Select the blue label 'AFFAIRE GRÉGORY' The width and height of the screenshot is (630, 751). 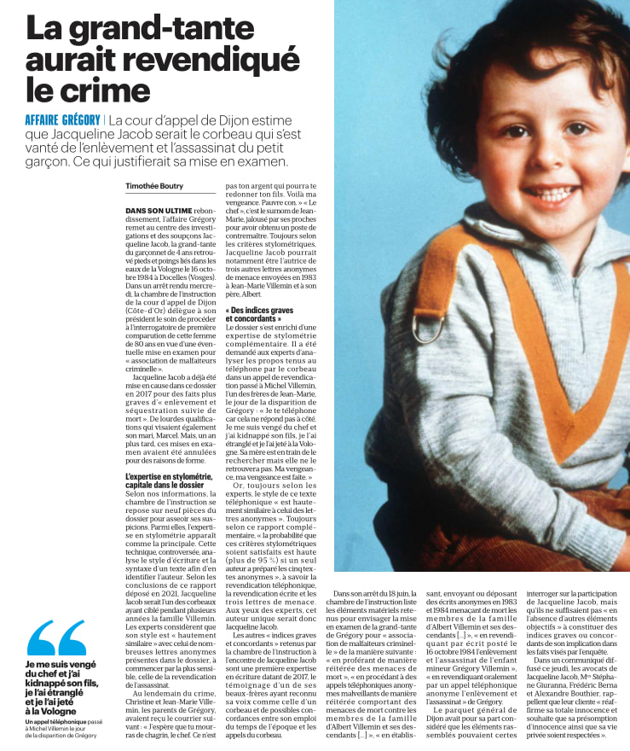coord(63,120)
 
